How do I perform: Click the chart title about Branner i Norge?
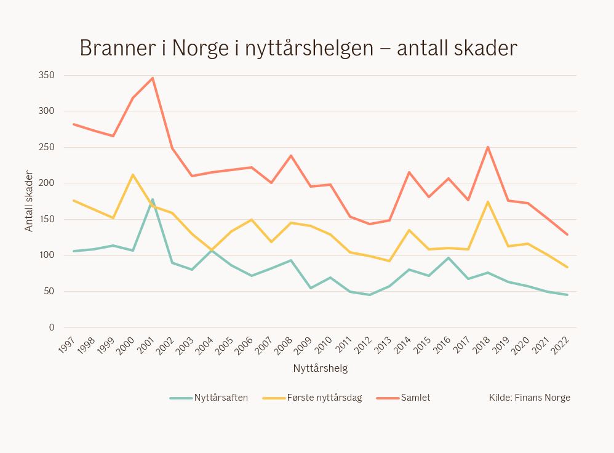298,48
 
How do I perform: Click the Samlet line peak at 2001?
153,78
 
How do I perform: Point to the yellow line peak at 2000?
133,175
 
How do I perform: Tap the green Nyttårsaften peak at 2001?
153,199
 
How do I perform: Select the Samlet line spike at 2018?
488,147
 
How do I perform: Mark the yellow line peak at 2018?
488,202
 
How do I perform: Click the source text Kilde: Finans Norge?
530,398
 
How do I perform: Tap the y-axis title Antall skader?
29,201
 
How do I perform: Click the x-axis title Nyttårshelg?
321,369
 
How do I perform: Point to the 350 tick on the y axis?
47,75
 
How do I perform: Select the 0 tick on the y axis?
52,327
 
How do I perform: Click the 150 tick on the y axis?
47,219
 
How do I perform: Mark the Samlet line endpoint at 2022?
567,235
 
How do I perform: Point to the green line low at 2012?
370,295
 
